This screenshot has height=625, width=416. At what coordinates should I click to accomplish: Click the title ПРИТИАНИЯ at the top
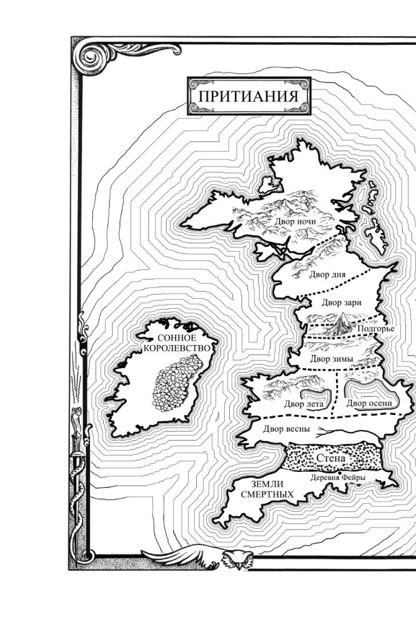(x=249, y=96)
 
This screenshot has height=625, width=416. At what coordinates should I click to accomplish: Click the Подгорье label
(x=374, y=330)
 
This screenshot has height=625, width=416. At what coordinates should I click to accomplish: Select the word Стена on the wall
(x=331, y=459)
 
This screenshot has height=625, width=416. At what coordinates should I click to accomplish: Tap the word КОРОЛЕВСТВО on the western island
(x=171, y=348)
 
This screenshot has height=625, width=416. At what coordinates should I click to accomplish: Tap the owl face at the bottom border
(x=235, y=559)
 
